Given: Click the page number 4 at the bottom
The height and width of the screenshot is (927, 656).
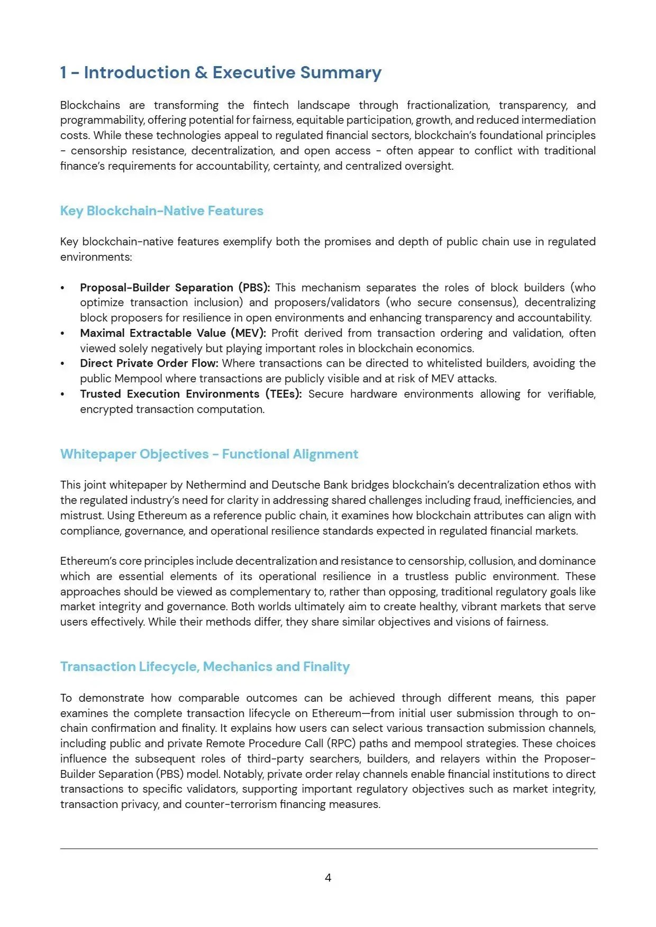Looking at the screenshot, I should pyautogui.click(x=328, y=878).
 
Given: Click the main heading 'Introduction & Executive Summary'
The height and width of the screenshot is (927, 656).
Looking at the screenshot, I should pyautogui.click(x=232, y=72).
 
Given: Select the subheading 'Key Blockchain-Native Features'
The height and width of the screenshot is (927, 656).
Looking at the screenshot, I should pyautogui.click(x=161, y=211).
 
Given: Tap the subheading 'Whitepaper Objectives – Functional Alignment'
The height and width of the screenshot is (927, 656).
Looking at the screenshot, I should pyautogui.click(x=209, y=454).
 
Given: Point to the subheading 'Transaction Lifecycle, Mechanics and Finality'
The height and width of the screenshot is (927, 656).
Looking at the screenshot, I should pyautogui.click(x=205, y=667).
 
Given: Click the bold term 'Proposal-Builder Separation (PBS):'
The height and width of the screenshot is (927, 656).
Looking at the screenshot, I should pyautogui.click(x=175, y=288).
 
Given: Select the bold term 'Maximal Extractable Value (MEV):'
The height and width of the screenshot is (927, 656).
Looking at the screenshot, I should pyautogui.click(x=173, y=333).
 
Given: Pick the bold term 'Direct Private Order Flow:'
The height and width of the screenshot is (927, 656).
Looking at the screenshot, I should pyautogui.click(x=149, y=363).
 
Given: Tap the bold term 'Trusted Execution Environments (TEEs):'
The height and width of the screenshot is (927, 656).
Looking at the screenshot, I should pyautogui.click(x=190, y=394).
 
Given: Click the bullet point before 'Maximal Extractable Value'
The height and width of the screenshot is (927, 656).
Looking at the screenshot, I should pyautogui.click(x=62, y=334).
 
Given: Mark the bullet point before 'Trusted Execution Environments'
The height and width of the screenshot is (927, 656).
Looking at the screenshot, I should pyautogui.click(x=62, y=394).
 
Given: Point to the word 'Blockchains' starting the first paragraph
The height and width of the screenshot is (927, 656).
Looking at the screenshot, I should pyautogui.click(x=90, y=105).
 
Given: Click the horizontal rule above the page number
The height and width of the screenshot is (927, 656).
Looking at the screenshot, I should pyautogui.click(x=328, y=849).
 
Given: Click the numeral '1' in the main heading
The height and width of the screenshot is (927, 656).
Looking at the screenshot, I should pyautogui.click(x=63, y=72).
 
